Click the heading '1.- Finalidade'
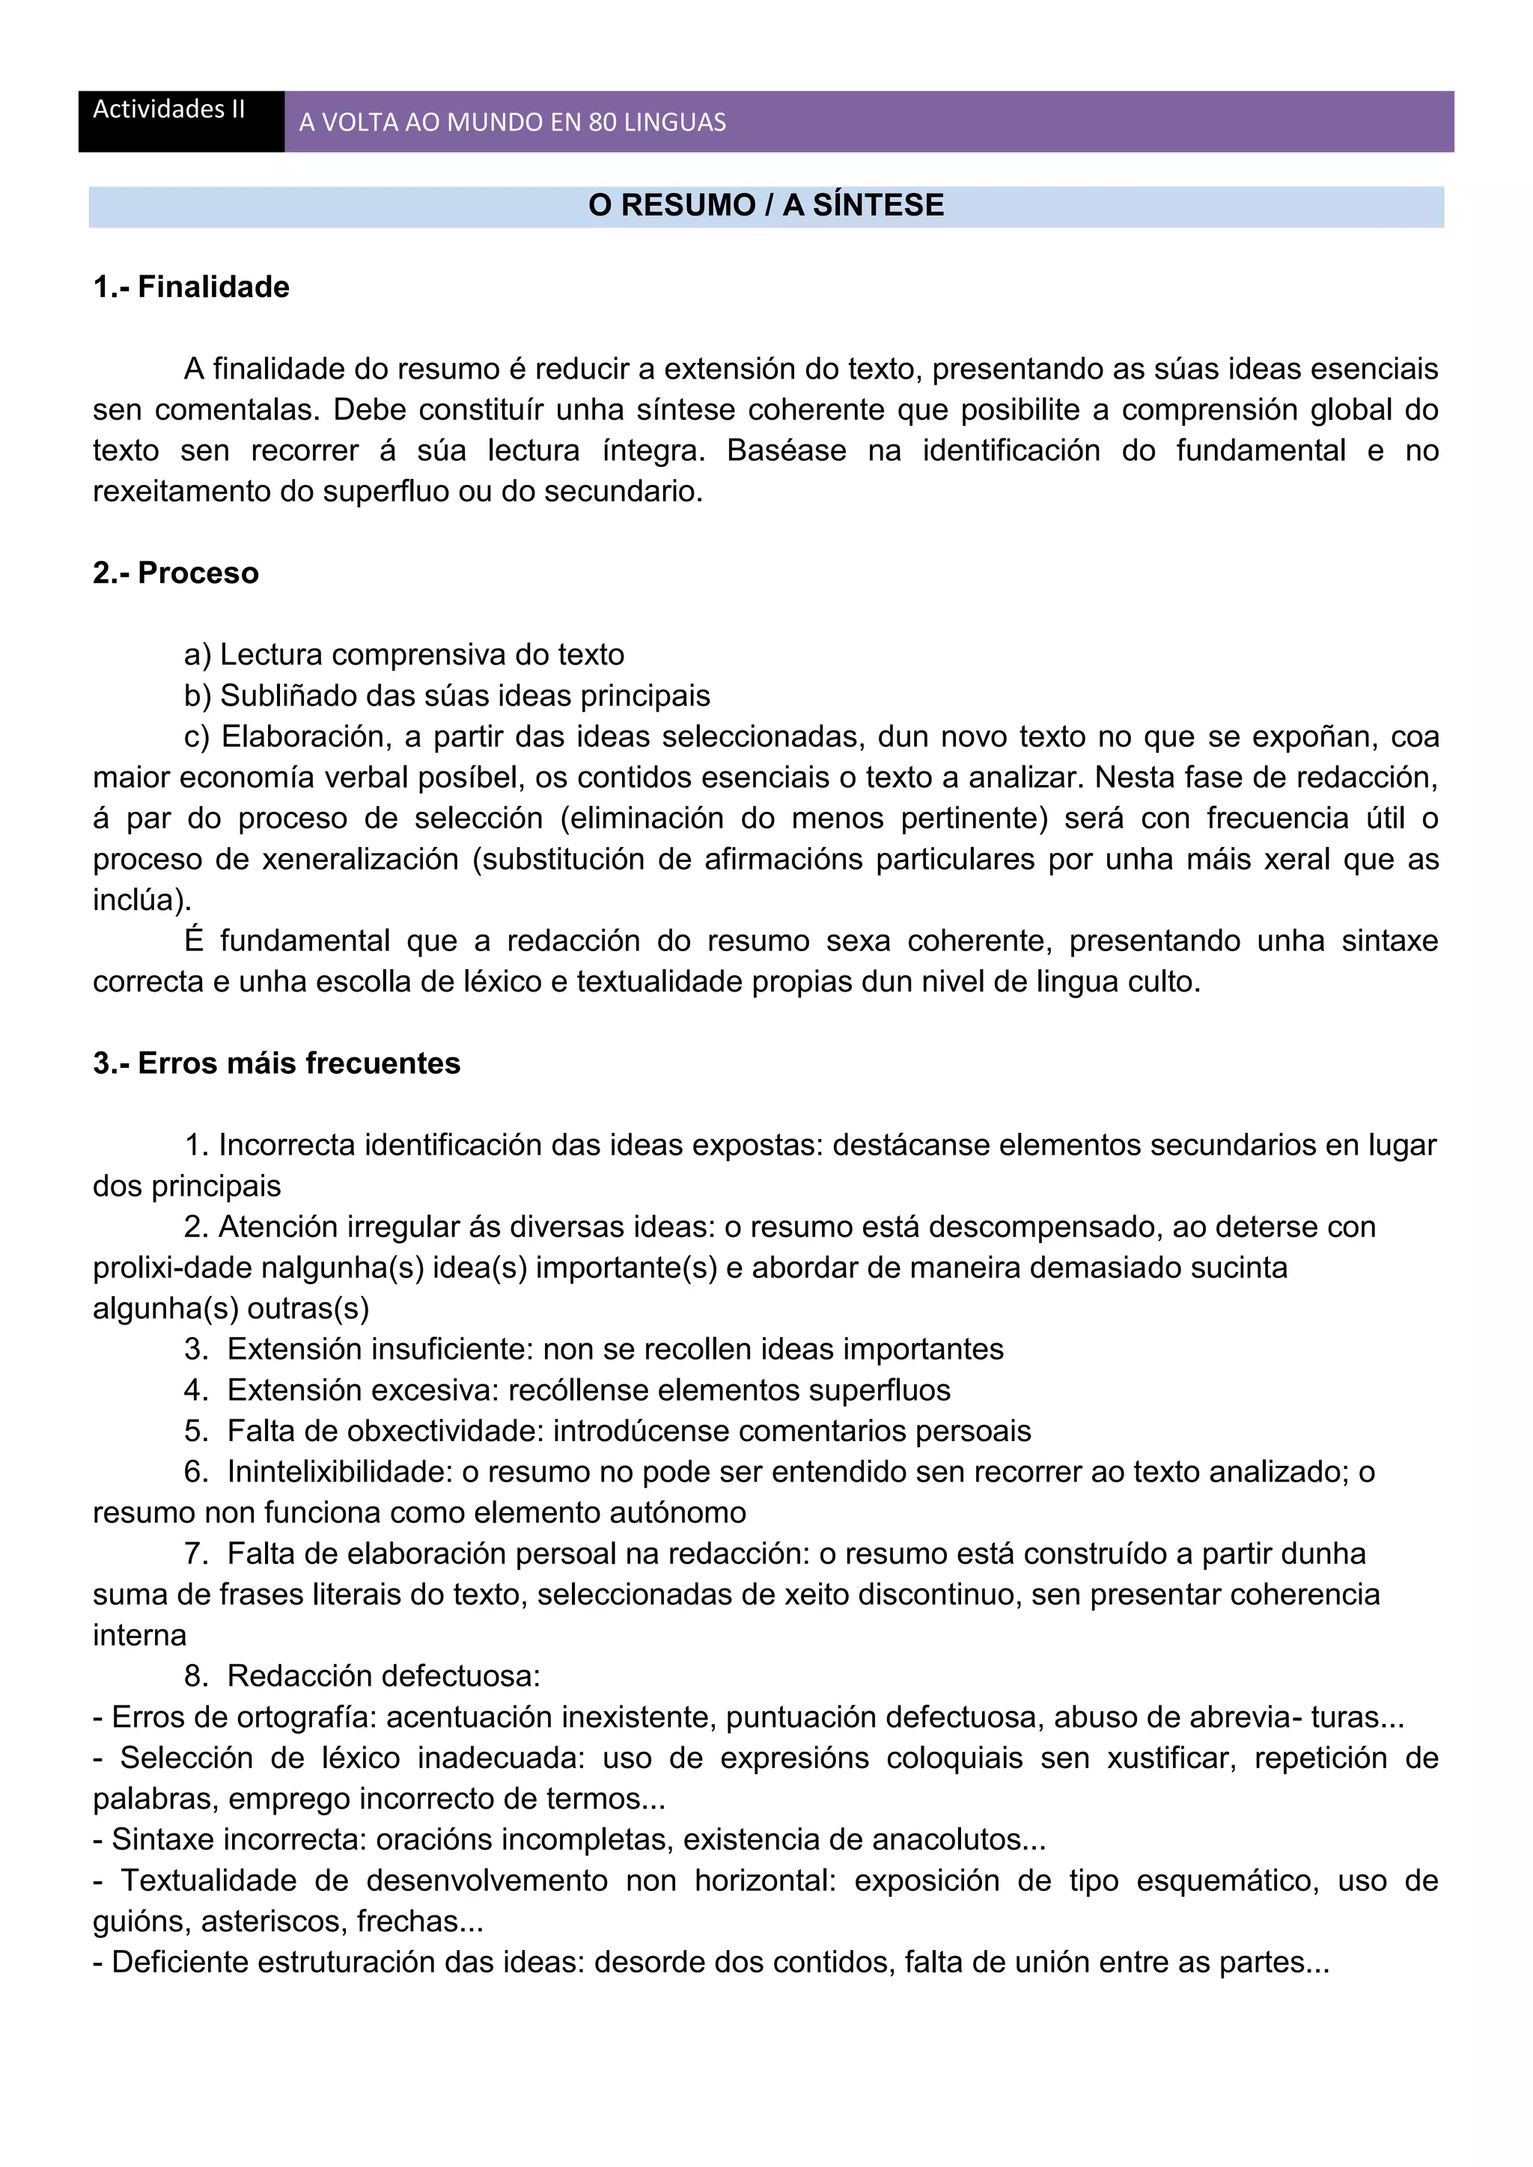click(191, 287)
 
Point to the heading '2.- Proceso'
click(176, 573)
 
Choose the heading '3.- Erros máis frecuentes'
click(276, 1064)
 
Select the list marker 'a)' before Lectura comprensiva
click(198, 655)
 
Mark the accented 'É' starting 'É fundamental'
click(195, 941)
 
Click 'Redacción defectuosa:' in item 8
click(383, 1676)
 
